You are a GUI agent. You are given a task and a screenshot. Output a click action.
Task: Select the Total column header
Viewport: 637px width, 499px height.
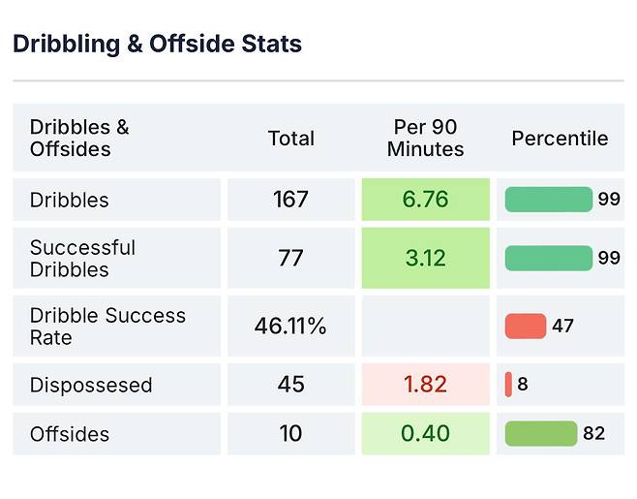(290, 139)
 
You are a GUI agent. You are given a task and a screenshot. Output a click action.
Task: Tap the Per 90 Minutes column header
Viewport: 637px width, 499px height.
(425, 139)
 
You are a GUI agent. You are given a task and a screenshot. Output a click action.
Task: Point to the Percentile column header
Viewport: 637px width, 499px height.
(560, 139)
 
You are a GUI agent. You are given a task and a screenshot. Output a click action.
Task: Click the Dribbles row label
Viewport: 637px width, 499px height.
(69, 200)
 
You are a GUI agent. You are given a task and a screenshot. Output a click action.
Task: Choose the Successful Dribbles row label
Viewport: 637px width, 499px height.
(82, 259)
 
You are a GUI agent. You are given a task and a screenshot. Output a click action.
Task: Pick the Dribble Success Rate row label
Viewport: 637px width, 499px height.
(107, 327)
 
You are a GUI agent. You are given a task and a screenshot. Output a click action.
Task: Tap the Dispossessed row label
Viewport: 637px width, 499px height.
(91, 385)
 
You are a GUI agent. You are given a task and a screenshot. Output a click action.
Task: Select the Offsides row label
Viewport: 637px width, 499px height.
(70, 434)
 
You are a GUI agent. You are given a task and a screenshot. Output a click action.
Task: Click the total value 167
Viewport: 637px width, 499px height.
(290, 200)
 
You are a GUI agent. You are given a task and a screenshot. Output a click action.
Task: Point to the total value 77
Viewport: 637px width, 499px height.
(290, 259)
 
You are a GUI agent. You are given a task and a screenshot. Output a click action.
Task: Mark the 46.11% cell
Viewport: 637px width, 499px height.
(290, 327)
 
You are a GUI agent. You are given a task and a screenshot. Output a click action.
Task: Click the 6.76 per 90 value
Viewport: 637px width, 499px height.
(425, 200)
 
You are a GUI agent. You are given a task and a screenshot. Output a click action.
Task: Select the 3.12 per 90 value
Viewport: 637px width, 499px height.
(425, 259)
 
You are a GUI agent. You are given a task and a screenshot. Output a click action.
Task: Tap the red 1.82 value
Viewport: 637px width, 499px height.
(425, 385)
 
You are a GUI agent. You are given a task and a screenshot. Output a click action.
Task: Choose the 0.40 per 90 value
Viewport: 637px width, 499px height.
(425, 434)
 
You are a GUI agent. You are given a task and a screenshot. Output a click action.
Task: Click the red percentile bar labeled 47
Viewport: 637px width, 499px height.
(526, 327)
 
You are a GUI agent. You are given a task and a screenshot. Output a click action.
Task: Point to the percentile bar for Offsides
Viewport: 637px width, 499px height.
(540, 434)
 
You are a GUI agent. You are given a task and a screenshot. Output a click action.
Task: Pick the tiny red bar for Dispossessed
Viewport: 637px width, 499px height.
(508, 385)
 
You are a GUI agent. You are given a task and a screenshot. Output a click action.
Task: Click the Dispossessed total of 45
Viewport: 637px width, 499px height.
(290, 385)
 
